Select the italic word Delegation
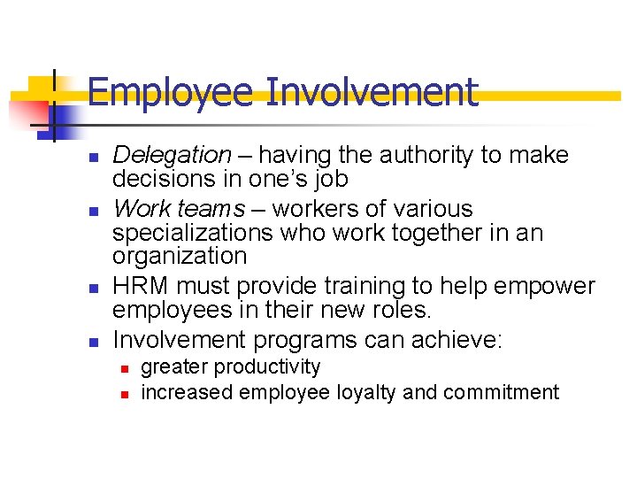click(172, 156)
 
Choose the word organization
click(180, 257)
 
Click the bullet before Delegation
click(93, 158)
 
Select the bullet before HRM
click(93, 289)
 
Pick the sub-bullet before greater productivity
click(125, 368)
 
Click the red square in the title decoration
click(28, 112)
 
